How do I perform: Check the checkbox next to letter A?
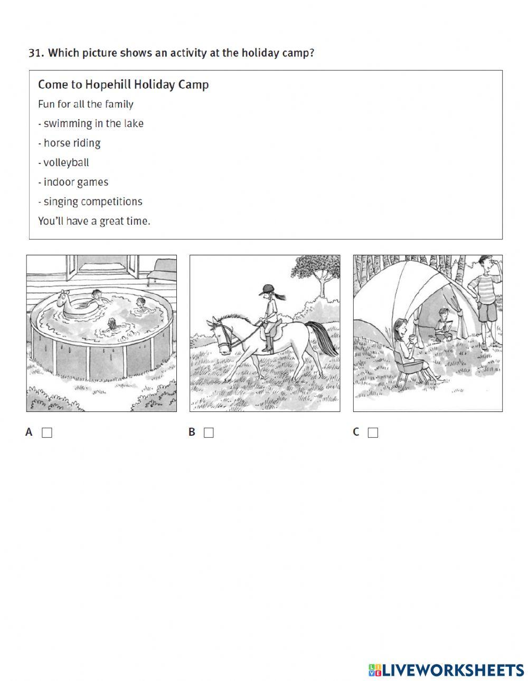coord(47,433)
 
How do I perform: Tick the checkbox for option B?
coord(209,433)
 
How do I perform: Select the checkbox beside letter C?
coord(373,433)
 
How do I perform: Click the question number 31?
coord(36,53)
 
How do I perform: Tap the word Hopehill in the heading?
coord(108,84)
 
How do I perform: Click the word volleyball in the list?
coord(66,162)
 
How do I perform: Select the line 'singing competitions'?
coord(90,202)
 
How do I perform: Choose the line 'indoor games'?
coord(73,182)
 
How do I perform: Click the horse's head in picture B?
coord(222,335)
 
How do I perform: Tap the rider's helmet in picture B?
coord(268,289)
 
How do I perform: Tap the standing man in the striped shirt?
coord(486,301)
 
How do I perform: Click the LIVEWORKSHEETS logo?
coord(446,670)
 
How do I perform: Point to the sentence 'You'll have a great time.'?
coord(94,221)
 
